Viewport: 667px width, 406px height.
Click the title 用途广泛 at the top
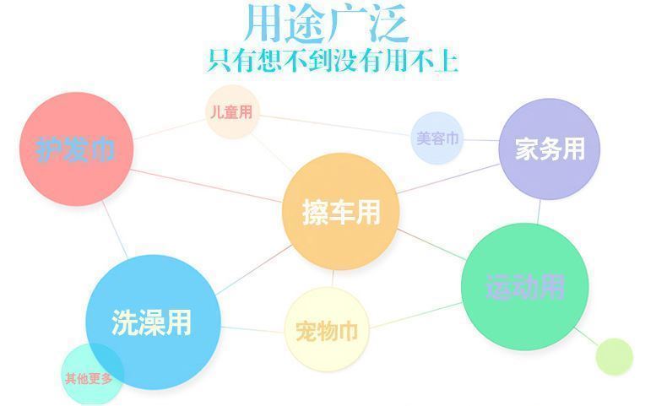327,23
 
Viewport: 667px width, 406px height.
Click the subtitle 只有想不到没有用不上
333,61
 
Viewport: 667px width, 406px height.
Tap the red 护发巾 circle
77,149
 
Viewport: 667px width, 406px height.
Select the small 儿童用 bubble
232,111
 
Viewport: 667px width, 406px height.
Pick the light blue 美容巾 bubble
437,138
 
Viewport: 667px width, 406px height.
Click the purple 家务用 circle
549,149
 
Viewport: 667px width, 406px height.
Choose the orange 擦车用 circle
340,211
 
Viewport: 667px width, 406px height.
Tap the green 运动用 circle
525,286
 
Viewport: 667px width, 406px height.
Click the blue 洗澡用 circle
153,322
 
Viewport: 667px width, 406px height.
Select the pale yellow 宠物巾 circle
327,329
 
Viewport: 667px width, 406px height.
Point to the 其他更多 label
89,378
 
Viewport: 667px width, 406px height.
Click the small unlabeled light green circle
615,357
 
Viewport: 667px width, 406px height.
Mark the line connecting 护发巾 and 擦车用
207,186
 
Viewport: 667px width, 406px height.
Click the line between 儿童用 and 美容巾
335,125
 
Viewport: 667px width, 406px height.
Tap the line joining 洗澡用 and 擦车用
254,270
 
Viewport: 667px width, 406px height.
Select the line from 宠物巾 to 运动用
415,316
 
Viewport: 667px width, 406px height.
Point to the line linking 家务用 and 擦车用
448,179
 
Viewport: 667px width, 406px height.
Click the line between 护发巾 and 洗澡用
115,230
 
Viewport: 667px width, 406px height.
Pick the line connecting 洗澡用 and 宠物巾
252,329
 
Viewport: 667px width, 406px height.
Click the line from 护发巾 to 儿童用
170,129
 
